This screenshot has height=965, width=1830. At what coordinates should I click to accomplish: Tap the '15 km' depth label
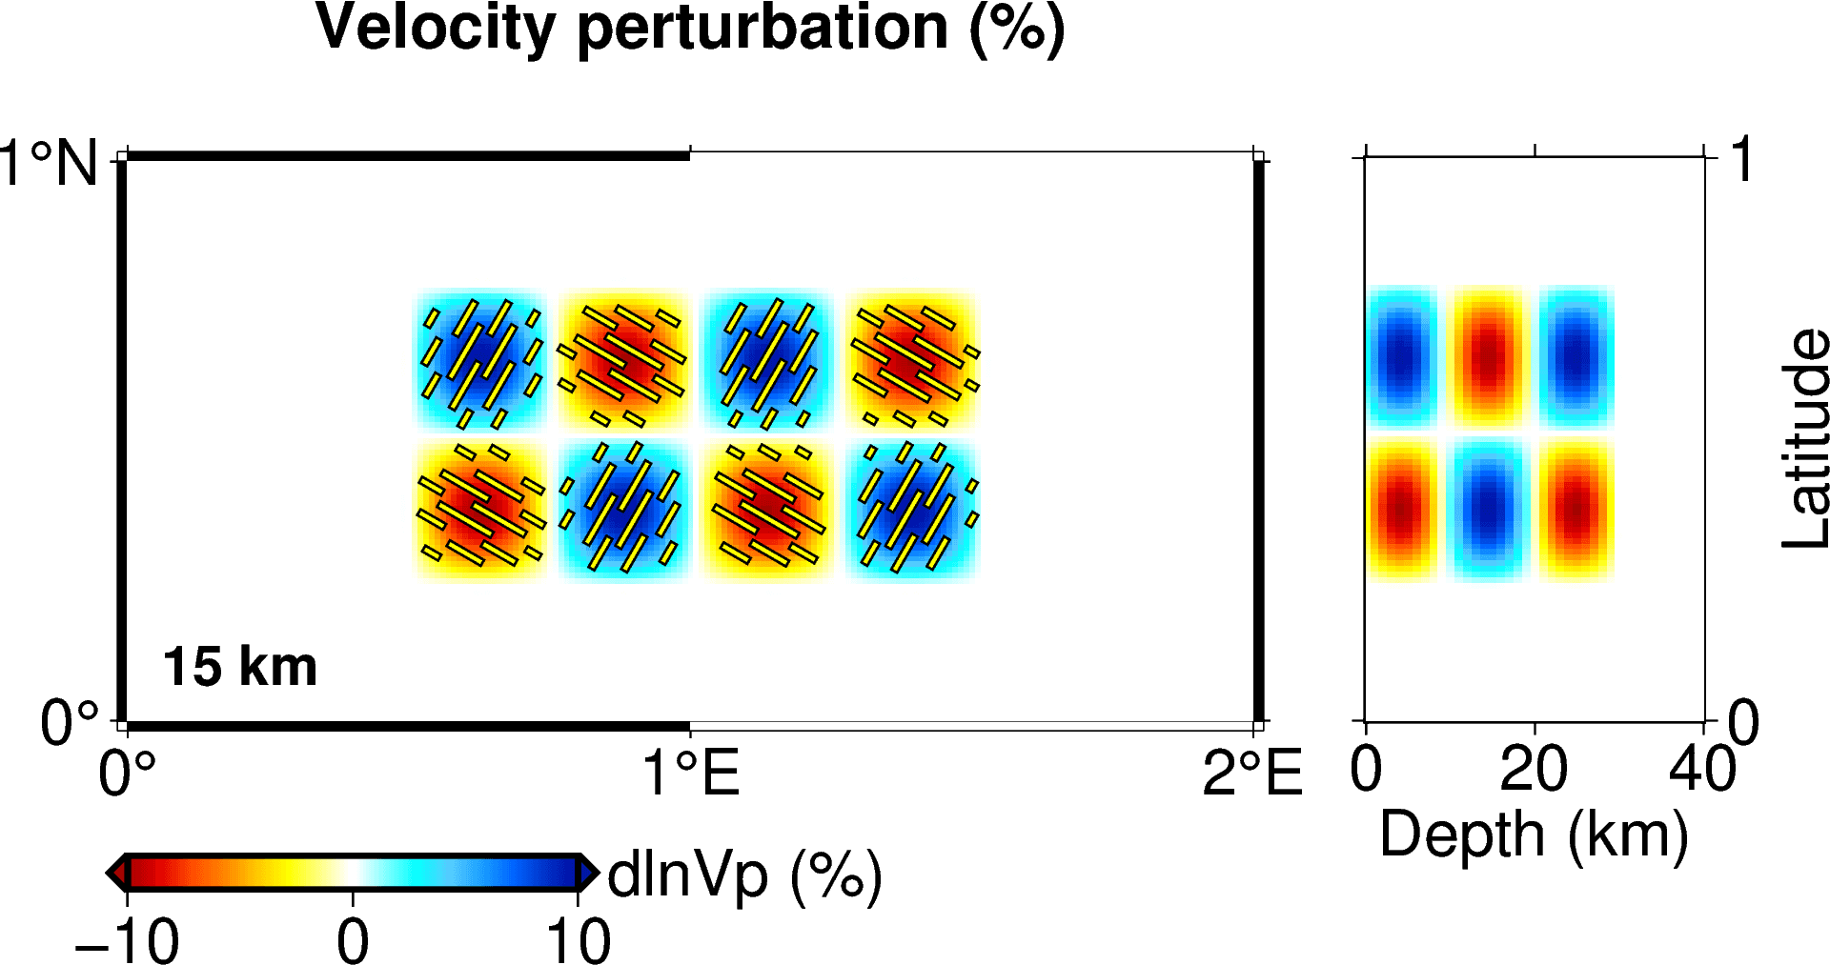tap(240, 666)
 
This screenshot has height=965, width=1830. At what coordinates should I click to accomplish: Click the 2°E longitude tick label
tap(1251, 772)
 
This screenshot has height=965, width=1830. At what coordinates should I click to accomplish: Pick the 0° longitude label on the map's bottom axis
tap(127, 772)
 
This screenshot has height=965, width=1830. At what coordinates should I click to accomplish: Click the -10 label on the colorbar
tap(127, 941)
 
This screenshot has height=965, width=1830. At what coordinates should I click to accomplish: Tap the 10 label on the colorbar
tap(578, 941)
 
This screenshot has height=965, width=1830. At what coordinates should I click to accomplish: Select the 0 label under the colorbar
tap(353, 941)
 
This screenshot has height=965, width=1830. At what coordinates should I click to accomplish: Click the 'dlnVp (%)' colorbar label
tap(744, 875)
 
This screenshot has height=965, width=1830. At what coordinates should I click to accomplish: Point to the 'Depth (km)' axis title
tap(1534, 835)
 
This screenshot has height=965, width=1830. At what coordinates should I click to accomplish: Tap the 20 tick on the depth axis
tap(1534, 769)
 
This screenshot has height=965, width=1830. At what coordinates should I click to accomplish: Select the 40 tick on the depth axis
tap(1702, 769)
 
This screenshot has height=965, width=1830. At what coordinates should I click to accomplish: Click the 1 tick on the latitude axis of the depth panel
tap(1742, 159)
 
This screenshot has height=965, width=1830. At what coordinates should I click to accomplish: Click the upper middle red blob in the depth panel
tap(1488, 357)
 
